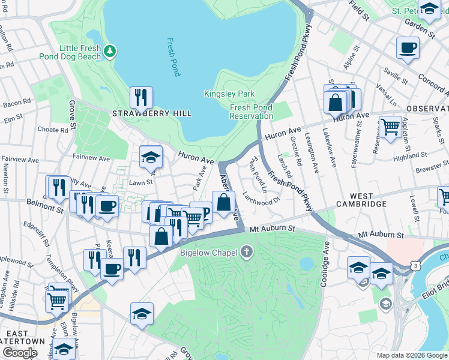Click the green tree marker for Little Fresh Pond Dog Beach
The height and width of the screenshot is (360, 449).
(x=109, y=51)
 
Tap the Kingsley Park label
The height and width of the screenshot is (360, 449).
(x=229, y=94)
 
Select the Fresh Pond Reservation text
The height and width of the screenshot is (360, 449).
(x=251, y=112)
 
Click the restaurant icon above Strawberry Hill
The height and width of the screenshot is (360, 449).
(x=141, y=97)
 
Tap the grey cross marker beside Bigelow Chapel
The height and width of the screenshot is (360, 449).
(x=246, y=252)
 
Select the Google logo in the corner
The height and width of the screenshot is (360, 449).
(x=19, y=353)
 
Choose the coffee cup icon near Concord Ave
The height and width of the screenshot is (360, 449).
(x=408, y=47)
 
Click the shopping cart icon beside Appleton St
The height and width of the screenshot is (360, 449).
(x=390, y=127)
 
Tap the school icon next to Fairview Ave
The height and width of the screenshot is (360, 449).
(x=151, y=157)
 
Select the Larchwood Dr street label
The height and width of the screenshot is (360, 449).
(x=261, y=197)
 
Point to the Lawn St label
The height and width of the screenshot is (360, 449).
(x=142, y=182)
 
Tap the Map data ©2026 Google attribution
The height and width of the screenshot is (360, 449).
(x=412, y=355)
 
